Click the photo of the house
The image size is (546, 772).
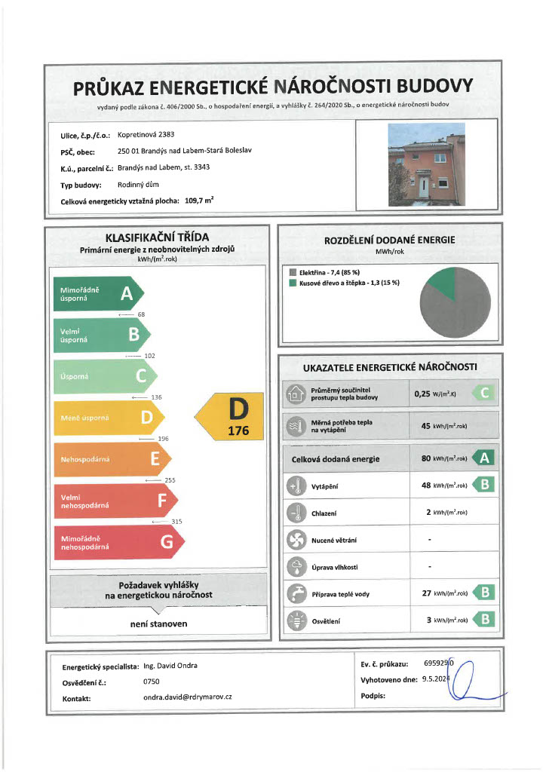pyautogui.click(x=426, y=165)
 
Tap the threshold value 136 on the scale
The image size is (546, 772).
pyautogui.click(x=157, y=397)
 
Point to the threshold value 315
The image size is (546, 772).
pyautogui.click(x=176, y=521)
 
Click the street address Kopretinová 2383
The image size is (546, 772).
pyautogui.click(x=149, y=136)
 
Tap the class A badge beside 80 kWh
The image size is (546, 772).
pyautogui.click(x=484, y=458)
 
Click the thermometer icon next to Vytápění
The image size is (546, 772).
pyautogui.click(x=295, y=486)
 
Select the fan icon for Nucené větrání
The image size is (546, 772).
pyautogui.click(x=295, y=540)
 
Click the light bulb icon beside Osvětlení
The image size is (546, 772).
pyautogui.click(x=295, y=621)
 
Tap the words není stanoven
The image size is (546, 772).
pyautogui.click(x=158, y=623)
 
